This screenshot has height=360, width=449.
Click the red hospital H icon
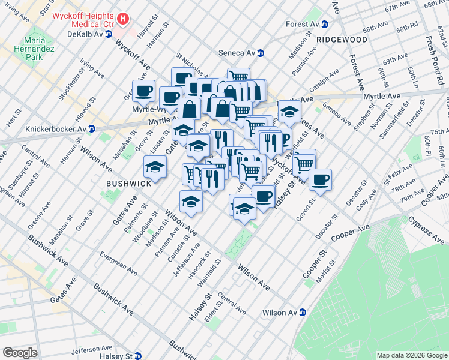click(123, 19)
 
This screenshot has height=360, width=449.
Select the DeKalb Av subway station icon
click(109, 35)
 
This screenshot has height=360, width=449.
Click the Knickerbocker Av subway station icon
click(91, 128)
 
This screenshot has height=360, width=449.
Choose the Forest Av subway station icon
click(325, 25)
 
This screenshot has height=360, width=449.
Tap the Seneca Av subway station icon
click(261, 53)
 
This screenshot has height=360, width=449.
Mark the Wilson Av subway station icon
click(303, 313)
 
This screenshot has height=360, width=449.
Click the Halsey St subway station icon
click(139, 356)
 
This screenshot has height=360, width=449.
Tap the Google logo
click(20, 353)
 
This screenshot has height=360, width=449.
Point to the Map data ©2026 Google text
click(411, 355)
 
